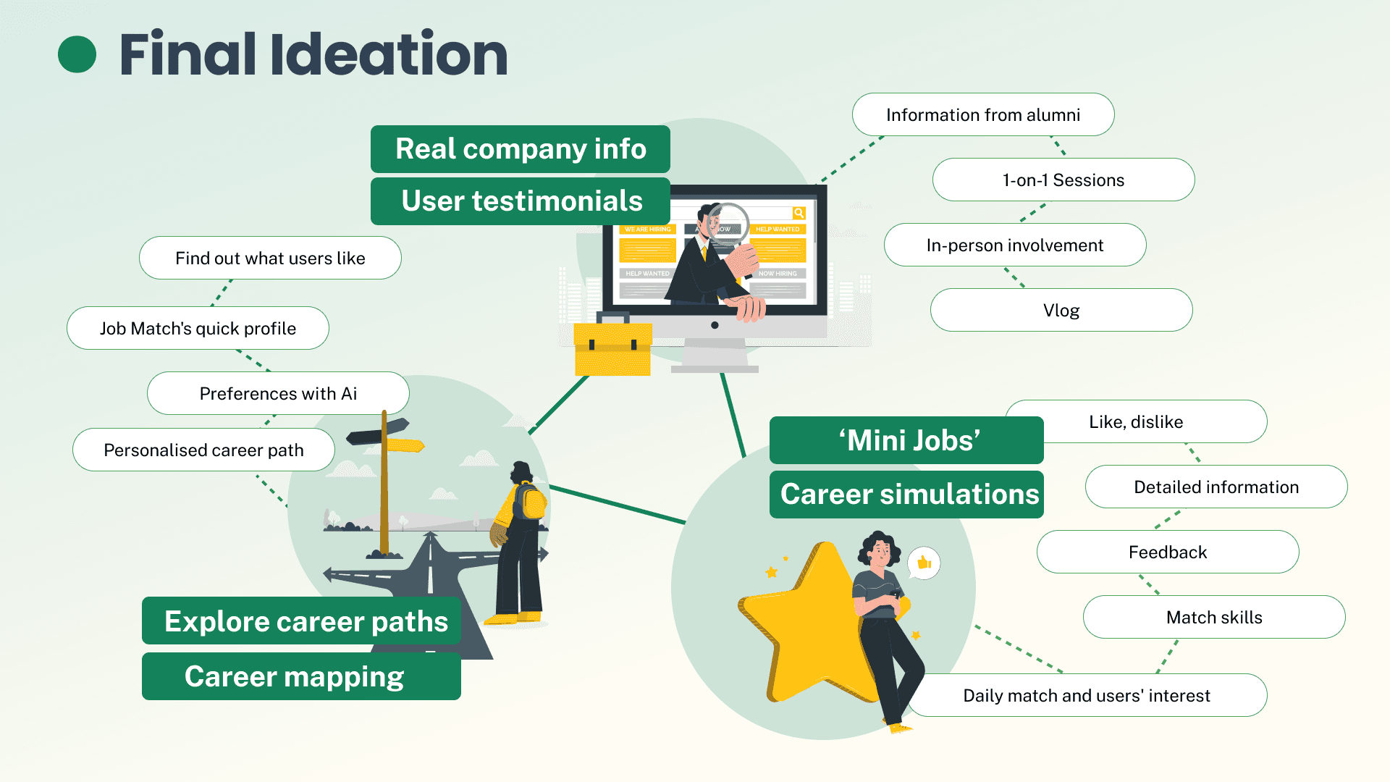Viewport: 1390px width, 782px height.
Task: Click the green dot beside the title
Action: click(77, 54)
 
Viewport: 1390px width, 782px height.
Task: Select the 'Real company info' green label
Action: click(520, 149)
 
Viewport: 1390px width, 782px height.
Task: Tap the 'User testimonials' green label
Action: click(520, 201)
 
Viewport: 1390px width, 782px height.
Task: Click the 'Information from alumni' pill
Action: click(982, 115)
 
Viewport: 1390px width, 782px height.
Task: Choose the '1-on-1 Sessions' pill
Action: click(1063, 180)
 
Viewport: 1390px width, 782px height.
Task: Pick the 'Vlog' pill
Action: click(1061, 311)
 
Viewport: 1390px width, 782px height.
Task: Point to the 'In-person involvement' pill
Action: click(1014, 245)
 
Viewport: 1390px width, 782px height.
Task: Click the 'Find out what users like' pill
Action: click(270, 258)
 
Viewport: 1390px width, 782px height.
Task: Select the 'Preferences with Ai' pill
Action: click(278, 394)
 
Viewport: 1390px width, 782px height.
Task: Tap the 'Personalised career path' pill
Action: click(203, 450)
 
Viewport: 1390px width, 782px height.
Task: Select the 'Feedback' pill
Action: click(1167, 552)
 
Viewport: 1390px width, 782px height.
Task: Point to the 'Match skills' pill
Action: click(1213, 618)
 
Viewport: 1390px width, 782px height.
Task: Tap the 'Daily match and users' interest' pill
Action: click(1086, 696)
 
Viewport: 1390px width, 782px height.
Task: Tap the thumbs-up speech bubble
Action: click(924, 563)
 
